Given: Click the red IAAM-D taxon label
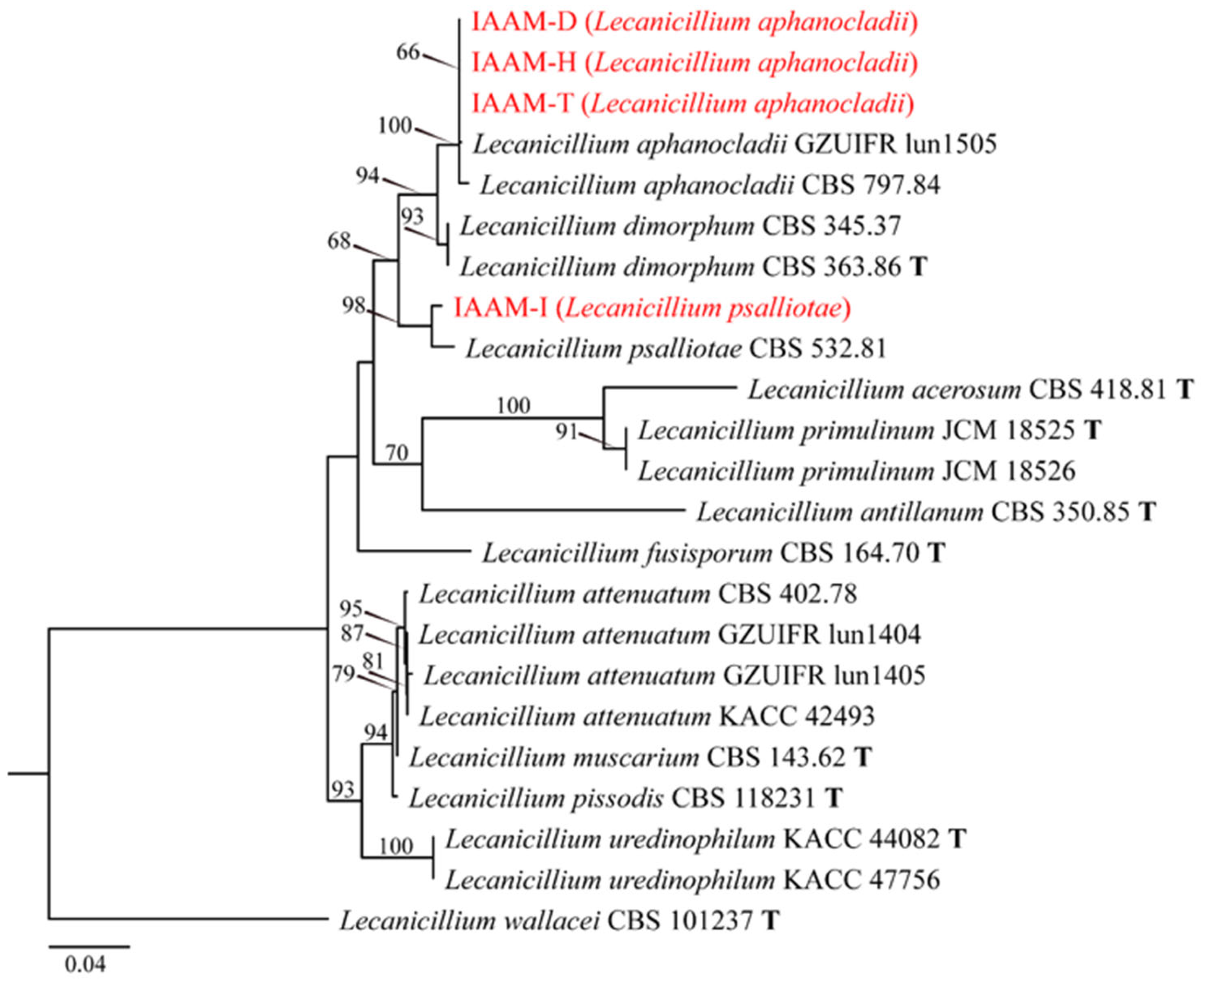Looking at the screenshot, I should [x=694, y=22].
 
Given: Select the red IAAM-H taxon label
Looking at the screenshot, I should [x=694, y=63].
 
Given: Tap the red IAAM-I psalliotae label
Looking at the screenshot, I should [x=652, y=308].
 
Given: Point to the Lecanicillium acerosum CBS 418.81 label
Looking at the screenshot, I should [x=970, y=390].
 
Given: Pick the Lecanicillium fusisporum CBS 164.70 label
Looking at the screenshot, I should [x=713, y=553].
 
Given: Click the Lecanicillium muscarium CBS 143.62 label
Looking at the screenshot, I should [x=640, y=757].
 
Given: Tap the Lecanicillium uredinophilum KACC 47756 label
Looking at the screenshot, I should [x=693, y=879].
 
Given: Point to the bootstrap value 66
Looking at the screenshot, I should [x=408, y=52].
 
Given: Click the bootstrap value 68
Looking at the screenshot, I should [x=339, y=241].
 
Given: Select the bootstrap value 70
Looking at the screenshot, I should [x=397, y=453].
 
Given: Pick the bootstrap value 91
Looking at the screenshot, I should [x=566, y=432].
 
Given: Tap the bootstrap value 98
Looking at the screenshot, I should [x=354, y=306].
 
